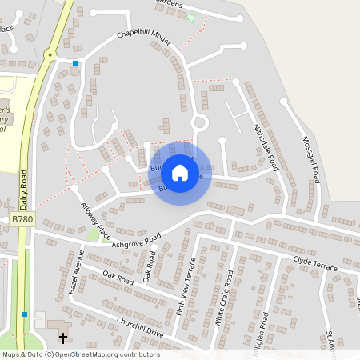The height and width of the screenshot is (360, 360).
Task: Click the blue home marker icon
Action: [x=180, y=173]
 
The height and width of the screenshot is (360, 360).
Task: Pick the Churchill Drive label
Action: [x=139, y=331]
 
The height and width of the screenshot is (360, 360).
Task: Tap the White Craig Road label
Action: [x=223, y=295]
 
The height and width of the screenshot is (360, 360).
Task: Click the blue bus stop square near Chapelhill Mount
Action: [x=75, y=62]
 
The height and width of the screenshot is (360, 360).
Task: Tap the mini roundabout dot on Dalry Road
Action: [x=50, y=55]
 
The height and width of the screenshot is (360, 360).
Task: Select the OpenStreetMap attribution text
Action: [x=80, y=354]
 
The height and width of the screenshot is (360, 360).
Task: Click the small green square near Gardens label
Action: [x=190, y=18]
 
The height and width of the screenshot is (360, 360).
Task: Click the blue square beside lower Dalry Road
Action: [x=26, y=314]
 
